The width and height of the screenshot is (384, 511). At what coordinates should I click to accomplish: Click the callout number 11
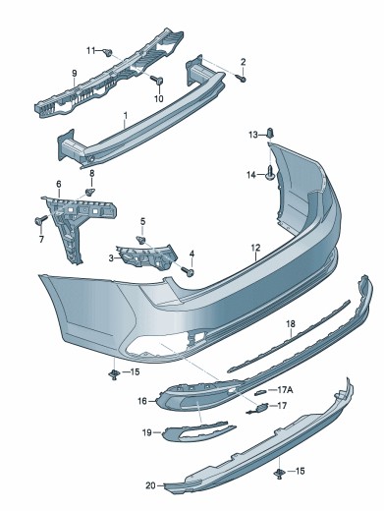[x=90, y=50]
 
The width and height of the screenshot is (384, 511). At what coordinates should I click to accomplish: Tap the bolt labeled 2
[x=242, y=79]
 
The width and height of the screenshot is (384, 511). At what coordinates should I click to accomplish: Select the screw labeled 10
[x=157, y=80]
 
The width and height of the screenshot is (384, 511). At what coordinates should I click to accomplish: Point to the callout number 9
[x=75, y=73]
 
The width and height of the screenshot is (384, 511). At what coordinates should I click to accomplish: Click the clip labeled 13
[x=270, y=133]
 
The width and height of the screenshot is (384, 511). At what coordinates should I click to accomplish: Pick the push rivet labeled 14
[x=270, y=173]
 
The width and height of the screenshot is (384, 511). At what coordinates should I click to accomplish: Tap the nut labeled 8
[x=90, y=192]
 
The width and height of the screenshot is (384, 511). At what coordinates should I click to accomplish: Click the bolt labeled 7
[x=40, y=221]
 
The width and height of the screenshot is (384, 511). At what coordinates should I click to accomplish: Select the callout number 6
[x=59, y=184]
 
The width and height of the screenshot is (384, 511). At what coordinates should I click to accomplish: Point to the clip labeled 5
[x=141, y=240]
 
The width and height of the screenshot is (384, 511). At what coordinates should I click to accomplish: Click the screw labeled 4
[x=188, y=270]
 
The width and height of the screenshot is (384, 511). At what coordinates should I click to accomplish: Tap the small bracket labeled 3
[x=146, y=255]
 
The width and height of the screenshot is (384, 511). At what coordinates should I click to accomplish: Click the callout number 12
[x=255, y=248]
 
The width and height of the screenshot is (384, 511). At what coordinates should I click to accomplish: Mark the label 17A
[x=285, y=390]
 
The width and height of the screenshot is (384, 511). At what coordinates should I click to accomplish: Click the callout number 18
[x=291, y=324]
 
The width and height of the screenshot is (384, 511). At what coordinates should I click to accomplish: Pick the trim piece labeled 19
[x=198, y=432]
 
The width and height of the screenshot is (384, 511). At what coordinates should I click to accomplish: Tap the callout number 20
[x=150, y=485]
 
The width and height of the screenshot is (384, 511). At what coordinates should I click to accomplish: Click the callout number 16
[x=142, y=401]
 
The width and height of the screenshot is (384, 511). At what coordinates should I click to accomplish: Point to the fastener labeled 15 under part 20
[x=279, y=473]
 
